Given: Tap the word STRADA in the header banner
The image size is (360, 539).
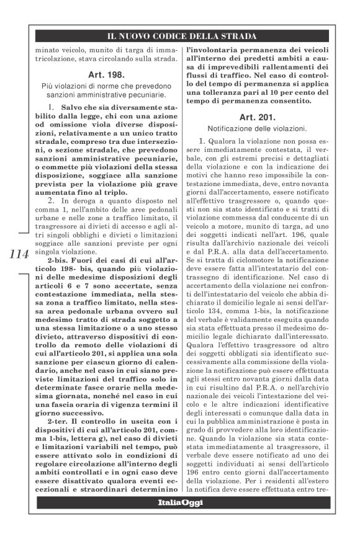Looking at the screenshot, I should [239, 36].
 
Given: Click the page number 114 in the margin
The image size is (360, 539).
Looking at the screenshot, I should [18, 255].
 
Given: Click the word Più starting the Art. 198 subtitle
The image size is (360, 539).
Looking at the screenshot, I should [48, 86].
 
